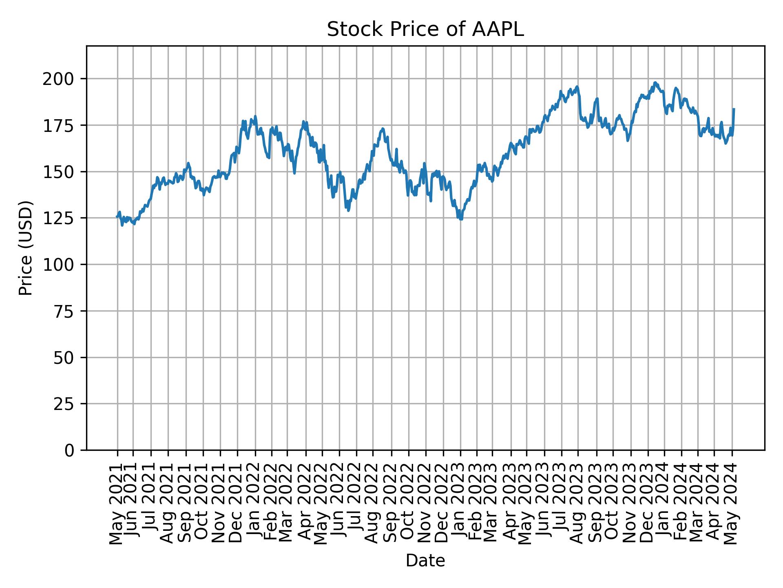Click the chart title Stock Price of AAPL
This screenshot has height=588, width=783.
pos(425,30)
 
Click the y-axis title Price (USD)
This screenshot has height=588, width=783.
pos(26,248)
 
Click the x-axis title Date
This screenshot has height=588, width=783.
pos(425,561)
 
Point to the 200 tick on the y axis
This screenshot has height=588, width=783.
pos(61,79)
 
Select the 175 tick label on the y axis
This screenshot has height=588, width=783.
pos(61,125)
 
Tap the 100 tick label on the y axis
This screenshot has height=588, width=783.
pos(61,265)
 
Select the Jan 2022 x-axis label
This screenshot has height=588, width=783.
pos(255,504)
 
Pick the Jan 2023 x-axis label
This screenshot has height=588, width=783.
pos(461,504)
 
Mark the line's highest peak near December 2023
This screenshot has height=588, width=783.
pos(655,82)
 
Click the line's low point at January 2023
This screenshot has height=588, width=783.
pos(461,219)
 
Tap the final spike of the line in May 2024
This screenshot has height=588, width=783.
pos(734,109)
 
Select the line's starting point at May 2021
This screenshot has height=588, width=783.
pos(117,217)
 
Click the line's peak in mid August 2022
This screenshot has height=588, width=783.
pos(382,129)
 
